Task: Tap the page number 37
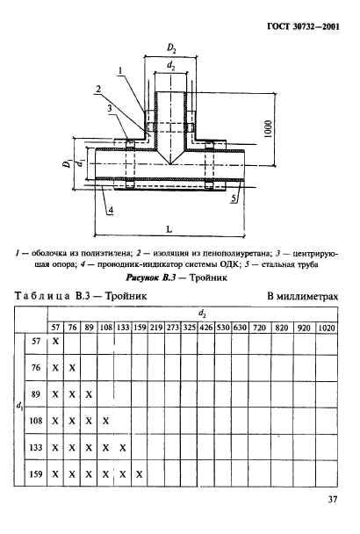click(x=333, y=502)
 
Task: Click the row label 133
click(x=36, y=448)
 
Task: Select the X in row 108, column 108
click(x=105, y=421)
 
